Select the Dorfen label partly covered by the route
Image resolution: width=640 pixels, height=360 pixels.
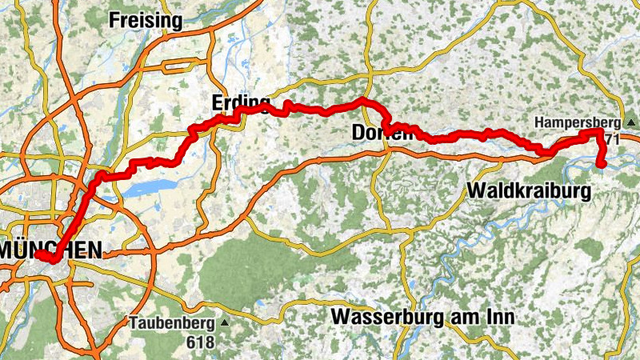382,133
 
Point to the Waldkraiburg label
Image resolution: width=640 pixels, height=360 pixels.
529,191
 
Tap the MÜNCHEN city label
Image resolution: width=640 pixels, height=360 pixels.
51,250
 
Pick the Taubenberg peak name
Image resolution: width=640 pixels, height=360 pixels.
171,324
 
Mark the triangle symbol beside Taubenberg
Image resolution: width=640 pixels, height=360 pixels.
225,324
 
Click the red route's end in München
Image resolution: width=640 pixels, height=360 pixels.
38,254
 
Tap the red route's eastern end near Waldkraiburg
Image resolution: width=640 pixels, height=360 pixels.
601,165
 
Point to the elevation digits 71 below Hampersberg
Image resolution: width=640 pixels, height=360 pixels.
613,139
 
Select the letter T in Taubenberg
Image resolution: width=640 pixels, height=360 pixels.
132,324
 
